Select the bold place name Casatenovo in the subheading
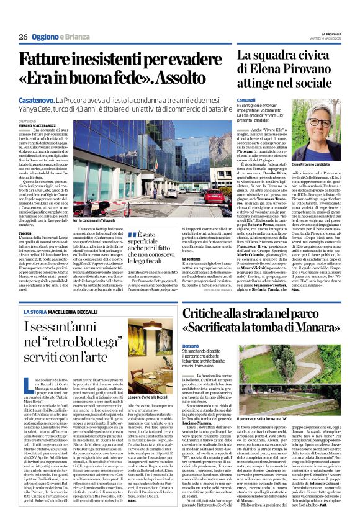coord(37,99)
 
